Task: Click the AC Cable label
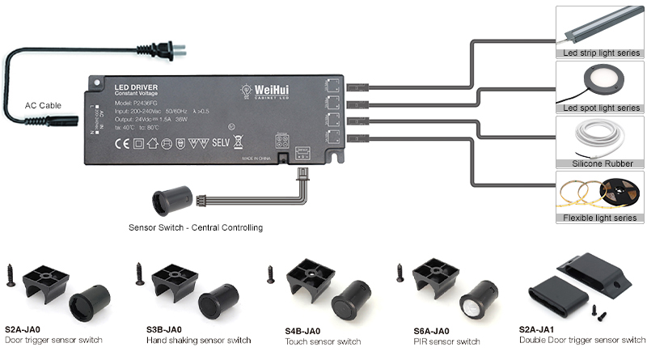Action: [43, 105]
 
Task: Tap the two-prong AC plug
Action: [172, 50]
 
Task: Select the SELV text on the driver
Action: [220, 145]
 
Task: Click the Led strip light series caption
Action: [602, 53]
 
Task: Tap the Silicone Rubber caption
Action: [601, 163]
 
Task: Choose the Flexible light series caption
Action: [601, 218]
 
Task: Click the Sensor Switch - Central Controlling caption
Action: [196, 228]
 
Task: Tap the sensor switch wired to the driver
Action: [172, 198]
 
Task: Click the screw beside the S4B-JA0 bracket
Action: [271, 273]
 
